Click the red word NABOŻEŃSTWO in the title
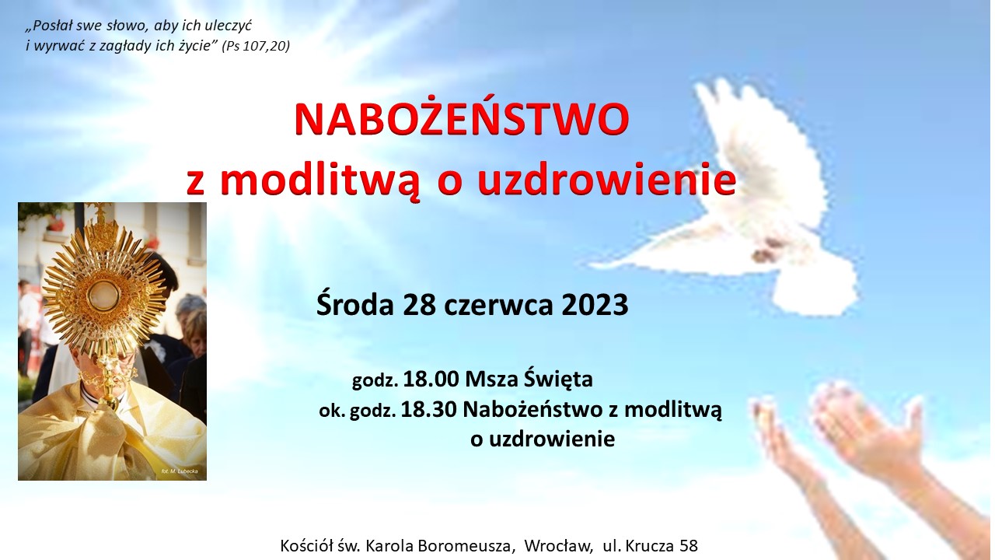click(462, 119)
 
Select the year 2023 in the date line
click(595, 305)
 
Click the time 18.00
click(431, 380)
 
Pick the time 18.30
click(428, 409)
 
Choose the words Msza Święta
click(529, 379)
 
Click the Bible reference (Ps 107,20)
click(256, 46)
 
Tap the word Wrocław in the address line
click(559, 546)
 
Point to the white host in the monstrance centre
click(103, 296)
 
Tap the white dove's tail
click(816, 287)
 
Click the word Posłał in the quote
click(51, 26)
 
